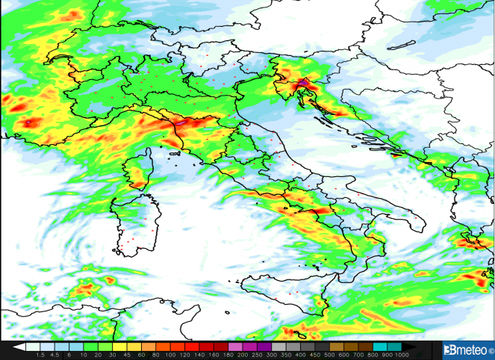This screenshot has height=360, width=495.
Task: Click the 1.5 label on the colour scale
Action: (40, 355)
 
